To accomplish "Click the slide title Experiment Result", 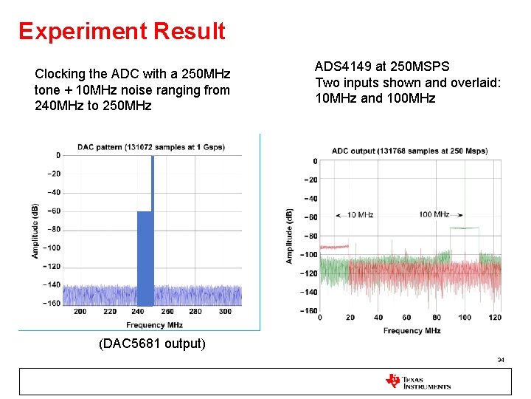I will (x=122, y=31).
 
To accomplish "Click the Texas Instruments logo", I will (x=417, y=381).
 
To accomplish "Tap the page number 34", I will (x=501, y=360).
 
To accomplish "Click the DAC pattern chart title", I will (x=160, y=147).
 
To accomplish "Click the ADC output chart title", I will (x=409, y=151).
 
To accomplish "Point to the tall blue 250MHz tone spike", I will (x=152, y=185).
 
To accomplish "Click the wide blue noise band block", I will (x=145, y=259).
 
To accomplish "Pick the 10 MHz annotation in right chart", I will (x=360, y=215).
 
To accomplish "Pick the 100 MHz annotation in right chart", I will (x=434, y=214).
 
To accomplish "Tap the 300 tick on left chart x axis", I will (x=225, y=312).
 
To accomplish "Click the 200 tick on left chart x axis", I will (x=80, y=312).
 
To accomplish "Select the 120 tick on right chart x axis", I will (x=495, y=318).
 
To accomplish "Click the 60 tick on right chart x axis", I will (x=406, y=318).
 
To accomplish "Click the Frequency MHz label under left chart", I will (x=154, y=325).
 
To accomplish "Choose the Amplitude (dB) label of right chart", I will (x=289, y=236).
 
